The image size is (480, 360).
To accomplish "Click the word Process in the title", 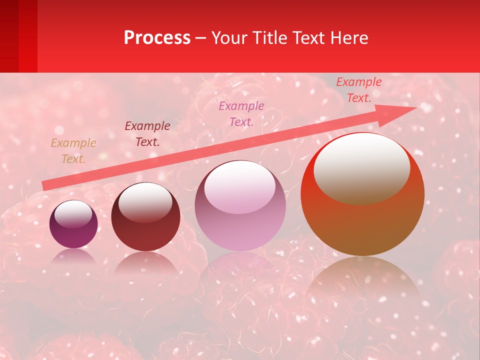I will (x=157, y=37).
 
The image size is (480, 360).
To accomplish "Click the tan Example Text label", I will (x=73, y=151).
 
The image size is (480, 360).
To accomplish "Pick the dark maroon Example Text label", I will (x=147, y=134).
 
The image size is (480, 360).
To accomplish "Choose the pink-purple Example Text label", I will (x=241, y=113).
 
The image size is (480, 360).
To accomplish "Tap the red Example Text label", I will (x=359, y=90).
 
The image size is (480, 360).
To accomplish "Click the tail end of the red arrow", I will (x=45, y=185).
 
